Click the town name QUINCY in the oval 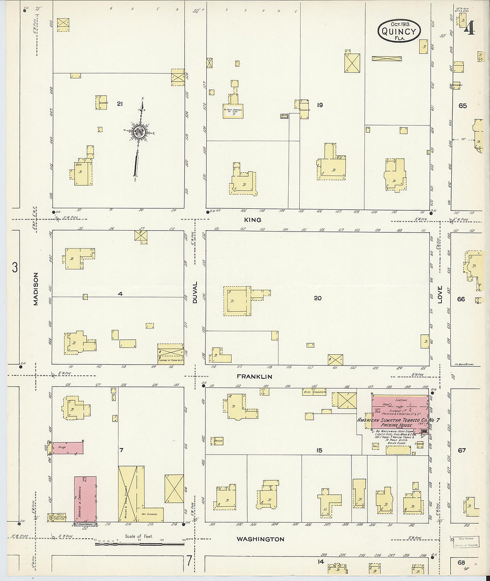pos(399,31)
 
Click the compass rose pos(139,131)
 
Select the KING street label pos(253,219)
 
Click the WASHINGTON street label pos(260,539)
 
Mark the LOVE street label pos(440,295)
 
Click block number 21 pos(119,104)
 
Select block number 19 pos(319,105)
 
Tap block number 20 pos(318,298)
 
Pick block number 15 pos(319,451)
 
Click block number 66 pos(461,299)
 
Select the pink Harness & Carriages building pos(85,499)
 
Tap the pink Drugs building pos(68,447)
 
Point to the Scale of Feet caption pos(139,536)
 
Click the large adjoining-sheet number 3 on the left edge pos(15,268)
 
